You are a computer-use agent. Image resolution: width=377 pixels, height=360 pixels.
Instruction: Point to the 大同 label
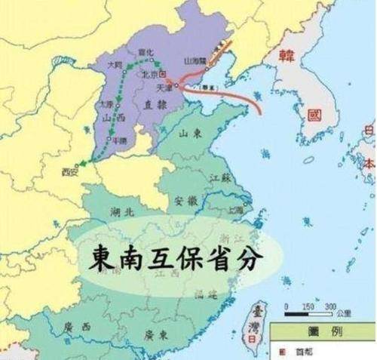[x=115, y=66]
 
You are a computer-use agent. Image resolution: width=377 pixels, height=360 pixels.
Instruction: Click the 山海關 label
[x=194, y=59]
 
